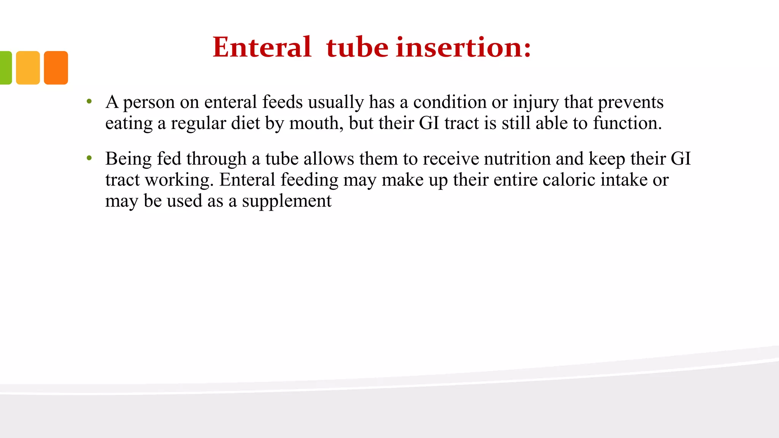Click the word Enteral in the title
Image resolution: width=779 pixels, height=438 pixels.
[x=262, y=48]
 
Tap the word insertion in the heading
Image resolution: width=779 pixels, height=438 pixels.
[x=463, y=48]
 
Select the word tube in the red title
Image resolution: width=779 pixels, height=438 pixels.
[x=357, y=48]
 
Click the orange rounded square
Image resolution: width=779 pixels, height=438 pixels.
[x=56, y=68]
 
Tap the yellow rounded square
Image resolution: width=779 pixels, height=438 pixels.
[x=28, y=68]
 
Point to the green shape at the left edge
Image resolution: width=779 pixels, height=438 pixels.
[x=5, y=68]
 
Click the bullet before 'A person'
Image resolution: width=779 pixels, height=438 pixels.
[x=89, y=102]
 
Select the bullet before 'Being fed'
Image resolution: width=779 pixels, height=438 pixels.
[x=89, y=158]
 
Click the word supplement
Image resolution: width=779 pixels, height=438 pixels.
[x=286, y=201]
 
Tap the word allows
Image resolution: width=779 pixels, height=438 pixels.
[x=329, y=159]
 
